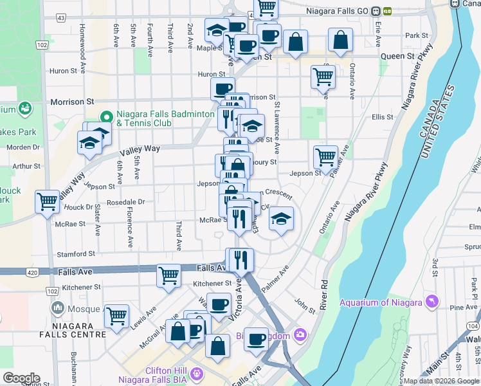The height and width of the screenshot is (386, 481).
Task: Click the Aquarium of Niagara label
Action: pyautogui.click(x=380, y=302)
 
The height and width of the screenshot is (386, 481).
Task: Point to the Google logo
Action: pyautogui.click(x=21, y=378)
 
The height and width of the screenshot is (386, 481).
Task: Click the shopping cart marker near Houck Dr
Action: pyautogui.click(x=48, y=202)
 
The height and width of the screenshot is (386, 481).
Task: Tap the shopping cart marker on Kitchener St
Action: pyautogui.click(x=168, y=275)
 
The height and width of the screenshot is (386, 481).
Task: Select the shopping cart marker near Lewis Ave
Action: pyautogui.click(x=116, y=315)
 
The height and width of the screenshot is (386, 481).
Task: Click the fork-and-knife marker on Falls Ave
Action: pyautogui.click(x=240, y=259)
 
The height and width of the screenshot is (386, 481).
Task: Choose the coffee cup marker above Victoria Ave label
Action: pyautogui.click(x=219, y=303)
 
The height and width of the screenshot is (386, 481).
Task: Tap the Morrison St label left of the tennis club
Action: pyautogui.click(x=72, y=102)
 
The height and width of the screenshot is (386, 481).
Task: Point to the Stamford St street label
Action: pyautogui.click(x=76, y=254)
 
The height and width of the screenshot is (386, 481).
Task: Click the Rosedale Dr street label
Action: pyautogui.click(x=126, y=201)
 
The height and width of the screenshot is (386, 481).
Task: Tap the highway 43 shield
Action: pyautogui.click(x=60, y=17)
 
